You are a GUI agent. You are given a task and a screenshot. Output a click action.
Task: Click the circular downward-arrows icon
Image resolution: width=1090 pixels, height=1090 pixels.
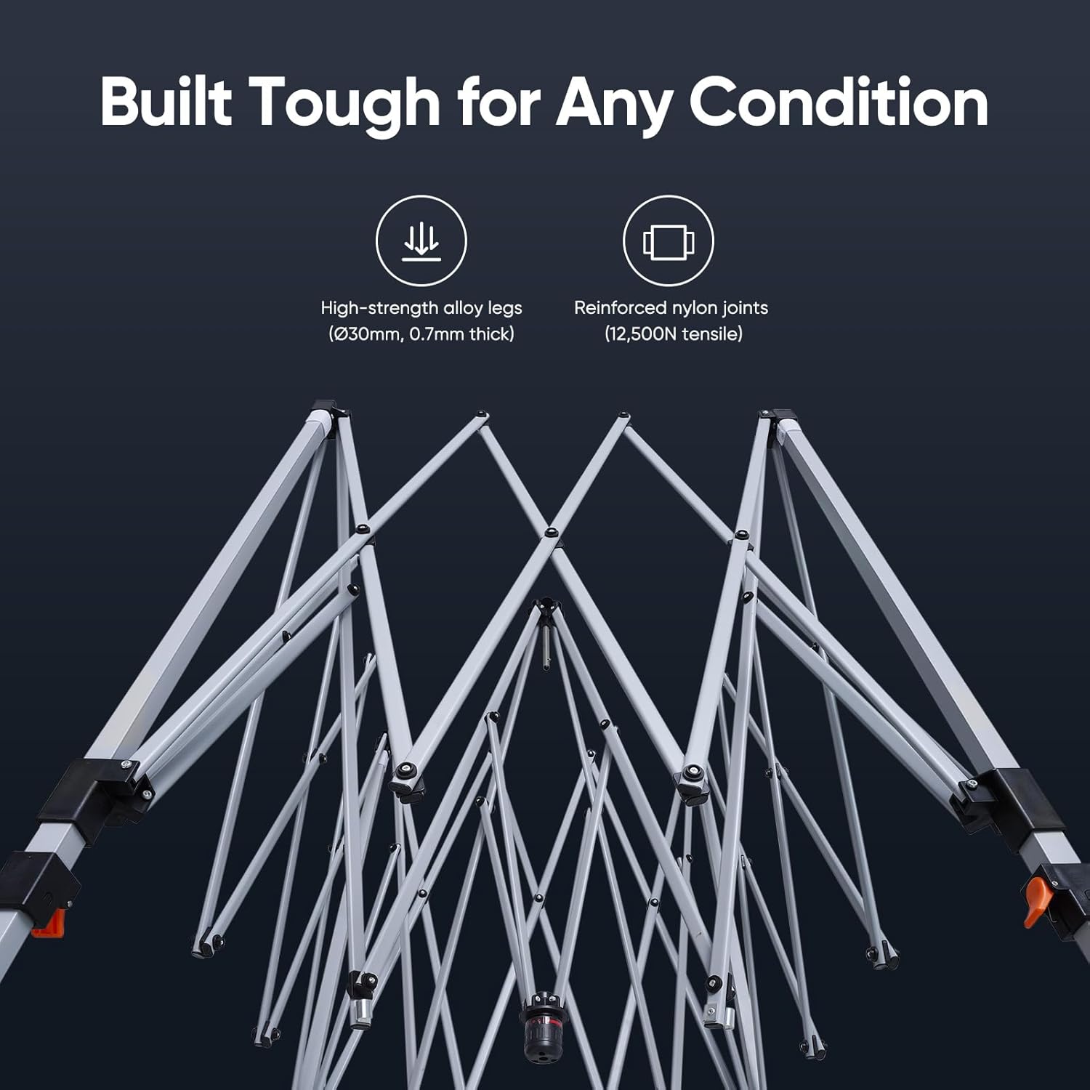point(421,241)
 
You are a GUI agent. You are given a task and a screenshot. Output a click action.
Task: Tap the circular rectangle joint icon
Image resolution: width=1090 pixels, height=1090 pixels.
point(669,241)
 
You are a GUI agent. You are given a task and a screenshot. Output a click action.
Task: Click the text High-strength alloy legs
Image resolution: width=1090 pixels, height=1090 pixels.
point(421,308)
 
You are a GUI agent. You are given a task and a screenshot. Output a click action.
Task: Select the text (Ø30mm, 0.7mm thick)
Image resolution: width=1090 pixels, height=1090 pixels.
point(421,334)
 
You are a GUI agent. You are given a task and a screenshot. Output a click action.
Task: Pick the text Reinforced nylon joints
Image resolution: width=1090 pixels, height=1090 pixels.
point(671,308)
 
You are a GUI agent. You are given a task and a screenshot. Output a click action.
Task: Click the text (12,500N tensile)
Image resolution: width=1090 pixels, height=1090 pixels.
point(673,334)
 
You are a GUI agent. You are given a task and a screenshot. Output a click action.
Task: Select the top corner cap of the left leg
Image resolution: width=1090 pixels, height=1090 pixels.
point(327,411)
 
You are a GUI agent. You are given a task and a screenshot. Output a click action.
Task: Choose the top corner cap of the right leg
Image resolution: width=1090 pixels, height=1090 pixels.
point(773,419)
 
